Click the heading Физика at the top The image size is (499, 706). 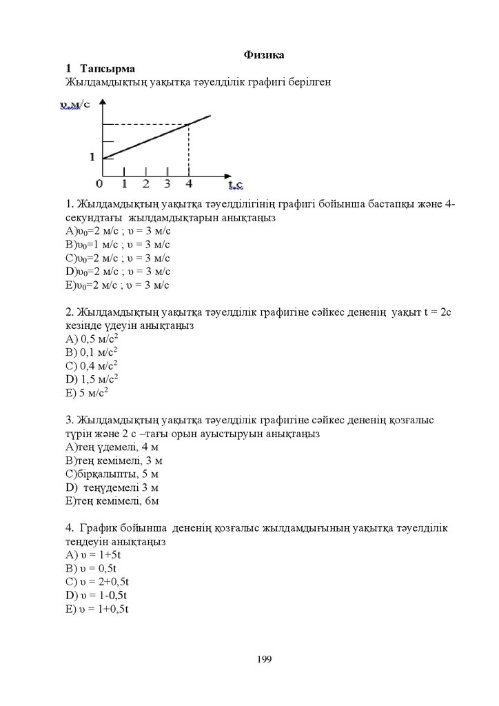[x=264, y=54]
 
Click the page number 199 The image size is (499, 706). [x=265, y=660]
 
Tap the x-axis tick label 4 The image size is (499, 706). [x=189, y=183]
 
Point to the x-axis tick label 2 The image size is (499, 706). [x=145, y=183]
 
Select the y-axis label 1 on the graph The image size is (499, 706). [x=92, y=157]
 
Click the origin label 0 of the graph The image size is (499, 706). [x=100, y=183]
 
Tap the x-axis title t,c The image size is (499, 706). [x=236, y=184]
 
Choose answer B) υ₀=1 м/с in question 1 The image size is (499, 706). [x=117, y=244]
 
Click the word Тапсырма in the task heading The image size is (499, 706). [x=108, y=68]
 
